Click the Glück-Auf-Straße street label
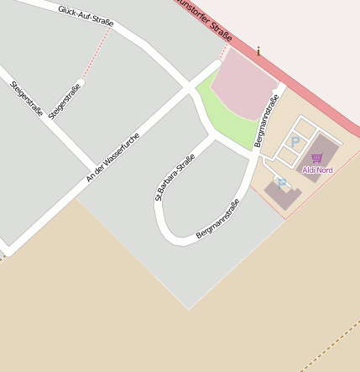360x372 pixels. [86, 14]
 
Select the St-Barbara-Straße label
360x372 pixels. [175, 177]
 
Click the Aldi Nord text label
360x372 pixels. [317, 170]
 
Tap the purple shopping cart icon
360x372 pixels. [316, 158]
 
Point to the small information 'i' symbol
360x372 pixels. [259, 51]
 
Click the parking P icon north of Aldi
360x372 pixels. [295, 140]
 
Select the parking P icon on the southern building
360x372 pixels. [282, 182]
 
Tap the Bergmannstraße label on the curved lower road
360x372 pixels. [218, 219]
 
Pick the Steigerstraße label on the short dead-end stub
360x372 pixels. [65, 101]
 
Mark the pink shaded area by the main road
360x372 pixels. [243, 88]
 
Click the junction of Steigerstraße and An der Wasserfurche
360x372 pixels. [93, 164]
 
